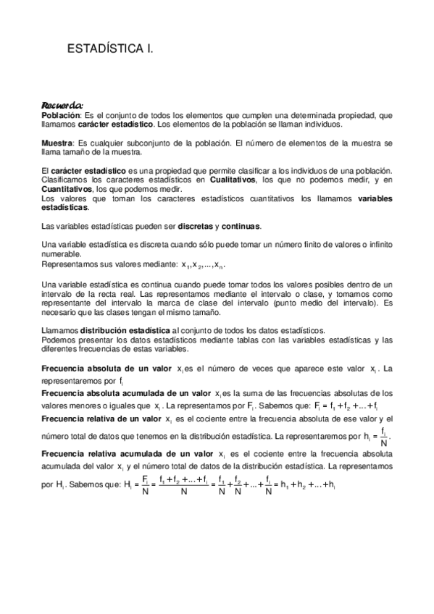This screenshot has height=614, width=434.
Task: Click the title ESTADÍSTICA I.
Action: coord(110,49)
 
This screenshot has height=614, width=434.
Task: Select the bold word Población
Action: coord(60,115)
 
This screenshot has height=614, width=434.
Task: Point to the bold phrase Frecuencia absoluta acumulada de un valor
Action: coord(128,392)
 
